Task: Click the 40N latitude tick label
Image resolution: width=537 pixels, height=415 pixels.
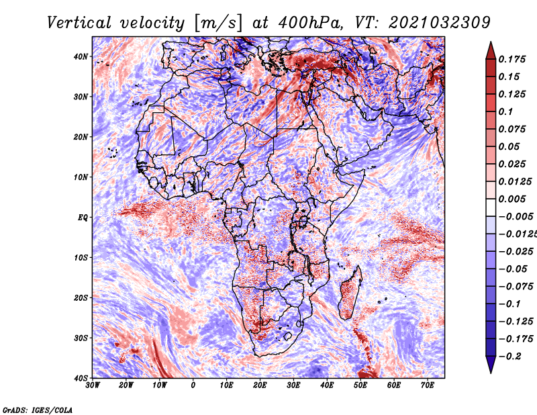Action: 81,56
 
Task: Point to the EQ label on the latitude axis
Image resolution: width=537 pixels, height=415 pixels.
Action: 83,218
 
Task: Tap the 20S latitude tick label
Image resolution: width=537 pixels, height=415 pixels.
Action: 81,297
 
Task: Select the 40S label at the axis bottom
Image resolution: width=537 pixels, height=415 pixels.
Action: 81,378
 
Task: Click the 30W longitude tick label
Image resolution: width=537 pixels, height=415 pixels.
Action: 93,385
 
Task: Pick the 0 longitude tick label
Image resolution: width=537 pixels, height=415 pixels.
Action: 193,385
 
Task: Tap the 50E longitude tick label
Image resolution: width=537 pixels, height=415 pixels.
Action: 360,385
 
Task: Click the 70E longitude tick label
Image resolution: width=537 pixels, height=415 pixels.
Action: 428,385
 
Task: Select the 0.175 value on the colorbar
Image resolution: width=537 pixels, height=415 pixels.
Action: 512,59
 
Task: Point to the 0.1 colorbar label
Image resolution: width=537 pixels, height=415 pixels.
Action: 505,111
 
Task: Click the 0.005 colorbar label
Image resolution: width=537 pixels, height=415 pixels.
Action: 512,199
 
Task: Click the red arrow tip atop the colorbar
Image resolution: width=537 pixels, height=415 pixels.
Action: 491,42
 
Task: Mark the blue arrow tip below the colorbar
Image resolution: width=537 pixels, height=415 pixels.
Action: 491,373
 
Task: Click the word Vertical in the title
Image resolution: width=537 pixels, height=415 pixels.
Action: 79,23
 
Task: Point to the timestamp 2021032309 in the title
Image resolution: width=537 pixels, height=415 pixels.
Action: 440,23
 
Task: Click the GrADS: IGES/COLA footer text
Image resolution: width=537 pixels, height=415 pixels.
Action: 38,410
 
